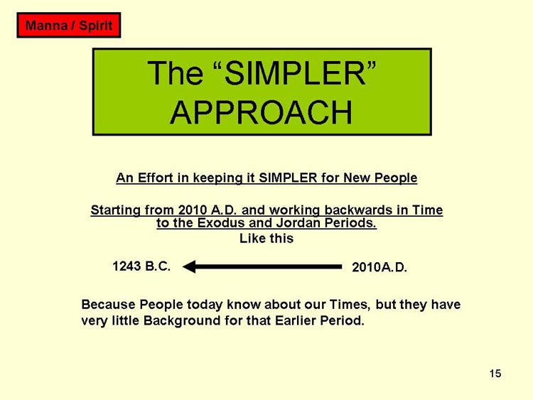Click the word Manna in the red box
coord(46,26)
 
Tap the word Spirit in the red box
coord(95,26)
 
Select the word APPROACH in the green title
coord(261,112)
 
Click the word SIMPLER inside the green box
coord(296,72)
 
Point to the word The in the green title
coord(176,72)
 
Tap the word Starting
coord(115,210)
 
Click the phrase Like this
coord(266,238)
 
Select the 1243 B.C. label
coord(141,266)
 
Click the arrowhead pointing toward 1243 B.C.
coord(189,266)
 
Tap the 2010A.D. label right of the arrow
coord(379,267)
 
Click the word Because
coord(109,304)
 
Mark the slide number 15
coord(495,374)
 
